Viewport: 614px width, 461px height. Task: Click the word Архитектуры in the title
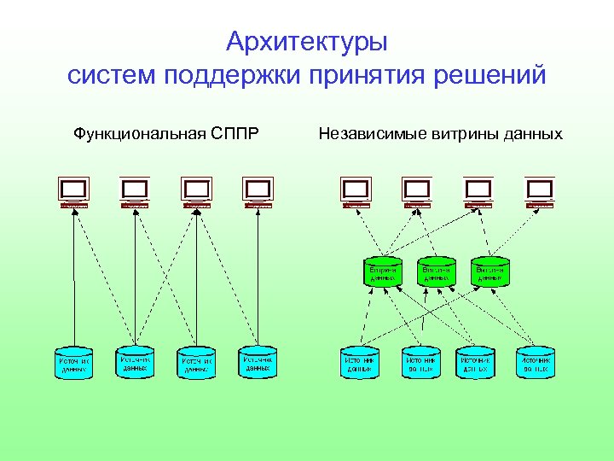307,41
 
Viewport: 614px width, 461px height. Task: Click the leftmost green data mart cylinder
382,271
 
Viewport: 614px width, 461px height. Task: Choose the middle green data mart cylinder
436,271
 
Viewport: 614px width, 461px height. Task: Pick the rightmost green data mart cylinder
489,271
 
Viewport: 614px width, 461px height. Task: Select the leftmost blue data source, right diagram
359,362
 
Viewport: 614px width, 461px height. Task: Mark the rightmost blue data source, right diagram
536,362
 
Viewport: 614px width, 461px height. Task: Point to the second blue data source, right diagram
420,362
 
